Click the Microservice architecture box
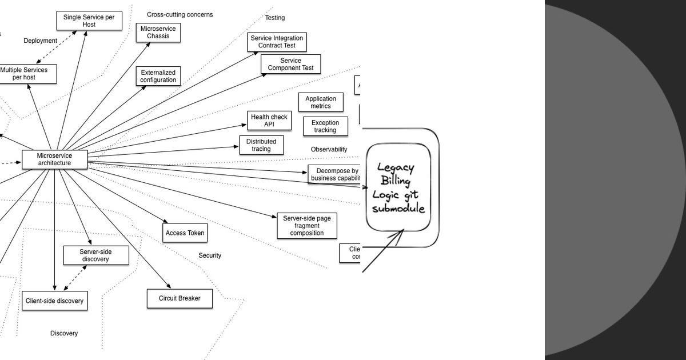pyautogui.click(x=55, y=159)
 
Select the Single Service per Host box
pyautogui.click(x=89, y=21)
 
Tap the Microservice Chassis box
pyautogui.click(x=158, y=33)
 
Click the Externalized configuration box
pyautogui.click(x=158, y=76)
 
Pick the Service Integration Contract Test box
pyautogui.click(x=277, y=42)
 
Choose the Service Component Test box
pyautogui.click(x=290, y=64)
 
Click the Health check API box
pyautogui.click(x=269, y=121)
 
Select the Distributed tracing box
pyautogui.click(x=261, y=145)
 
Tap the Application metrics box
pyautogui.click(x=321, y=102)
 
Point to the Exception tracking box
pyautogui.click(x=325, y=126)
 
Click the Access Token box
pyautogui.click(x=184, y=233)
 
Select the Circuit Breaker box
pyautogui.click(x=180, y=298)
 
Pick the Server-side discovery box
pyautogui.click(x=95, y=255)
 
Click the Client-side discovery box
pyautogui.click(x=55, y=301)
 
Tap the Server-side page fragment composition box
pyautogui.click(x=307, y=226)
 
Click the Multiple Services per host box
pyautogui.click(x=25, y=74)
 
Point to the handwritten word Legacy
pyautogui.click(x=395, y=167)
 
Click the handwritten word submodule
pyautogui.click(x=398, y=209)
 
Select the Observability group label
pyautogui.click(x=329, y=149)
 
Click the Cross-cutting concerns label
pyautogui.click(x=180, y=14)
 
